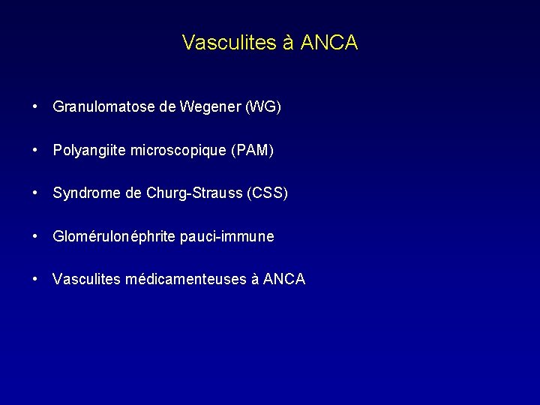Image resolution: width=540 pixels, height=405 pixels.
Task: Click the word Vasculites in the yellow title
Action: point(230,43)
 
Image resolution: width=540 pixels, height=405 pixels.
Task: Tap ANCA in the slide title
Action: point(329,43)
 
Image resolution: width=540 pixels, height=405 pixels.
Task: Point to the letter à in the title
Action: point(289,43)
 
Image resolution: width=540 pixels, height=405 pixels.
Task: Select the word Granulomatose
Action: point(104,107)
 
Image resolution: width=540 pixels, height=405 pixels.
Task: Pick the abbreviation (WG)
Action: point(263,107)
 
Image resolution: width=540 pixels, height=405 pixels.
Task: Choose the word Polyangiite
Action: point(90,151)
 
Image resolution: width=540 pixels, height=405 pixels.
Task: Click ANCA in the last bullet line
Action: point(284,280)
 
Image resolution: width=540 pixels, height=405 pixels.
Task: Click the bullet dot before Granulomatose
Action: point(36,106)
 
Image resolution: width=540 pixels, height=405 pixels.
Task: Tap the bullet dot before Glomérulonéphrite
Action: point(36,236)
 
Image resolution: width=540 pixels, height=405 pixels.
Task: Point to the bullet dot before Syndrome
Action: point(36,193)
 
